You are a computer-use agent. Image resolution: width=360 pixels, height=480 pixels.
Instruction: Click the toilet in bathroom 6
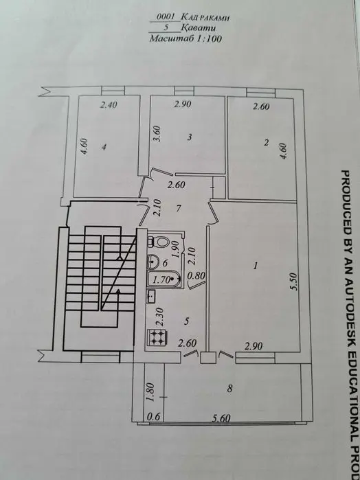click(159, 242)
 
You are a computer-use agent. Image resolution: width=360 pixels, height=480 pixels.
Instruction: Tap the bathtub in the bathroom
click(165, 279)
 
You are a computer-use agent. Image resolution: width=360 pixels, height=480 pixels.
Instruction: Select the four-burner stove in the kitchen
click(157, 337)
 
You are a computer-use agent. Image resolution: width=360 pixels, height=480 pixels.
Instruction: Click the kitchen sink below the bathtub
click(151, 296)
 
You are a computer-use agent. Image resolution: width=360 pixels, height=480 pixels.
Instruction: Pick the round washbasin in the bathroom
click(153, 262)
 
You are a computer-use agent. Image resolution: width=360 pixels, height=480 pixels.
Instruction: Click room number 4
click(104, 147)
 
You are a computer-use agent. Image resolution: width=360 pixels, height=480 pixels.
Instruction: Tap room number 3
click(190, 137)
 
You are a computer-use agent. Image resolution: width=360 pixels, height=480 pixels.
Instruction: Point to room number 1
click(256, 266)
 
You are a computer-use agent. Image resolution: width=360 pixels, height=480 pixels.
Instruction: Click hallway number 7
click(179, 209)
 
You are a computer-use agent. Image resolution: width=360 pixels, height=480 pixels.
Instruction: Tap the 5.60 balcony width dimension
click(221, 418)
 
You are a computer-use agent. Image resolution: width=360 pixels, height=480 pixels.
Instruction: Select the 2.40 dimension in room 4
click(109, 105)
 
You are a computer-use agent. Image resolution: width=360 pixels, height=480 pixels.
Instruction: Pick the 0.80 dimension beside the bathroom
click(196, 276)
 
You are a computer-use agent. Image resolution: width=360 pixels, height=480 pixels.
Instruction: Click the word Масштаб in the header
click(166, 39)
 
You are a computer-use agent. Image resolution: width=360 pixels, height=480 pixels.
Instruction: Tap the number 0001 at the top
click(166, 17)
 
